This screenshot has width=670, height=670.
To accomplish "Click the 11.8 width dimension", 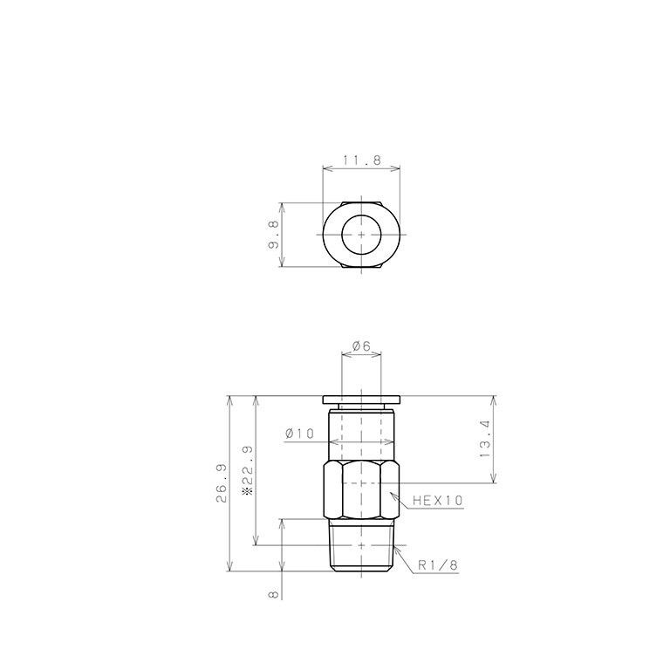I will pos(361,160).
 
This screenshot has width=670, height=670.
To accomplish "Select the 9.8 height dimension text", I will pos(274,236).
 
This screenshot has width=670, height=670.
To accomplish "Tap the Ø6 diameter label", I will pos(361,346).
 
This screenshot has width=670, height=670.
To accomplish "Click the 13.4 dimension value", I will pos(485,440).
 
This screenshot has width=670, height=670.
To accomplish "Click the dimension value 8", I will pos(274,594).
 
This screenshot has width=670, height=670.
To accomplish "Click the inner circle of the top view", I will pos(361,236).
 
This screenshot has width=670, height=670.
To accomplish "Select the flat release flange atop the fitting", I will pos(361,400).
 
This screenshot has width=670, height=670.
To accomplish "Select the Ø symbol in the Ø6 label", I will pos(355,346).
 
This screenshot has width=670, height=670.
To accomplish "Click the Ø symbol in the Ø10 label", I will pos(289,434).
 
